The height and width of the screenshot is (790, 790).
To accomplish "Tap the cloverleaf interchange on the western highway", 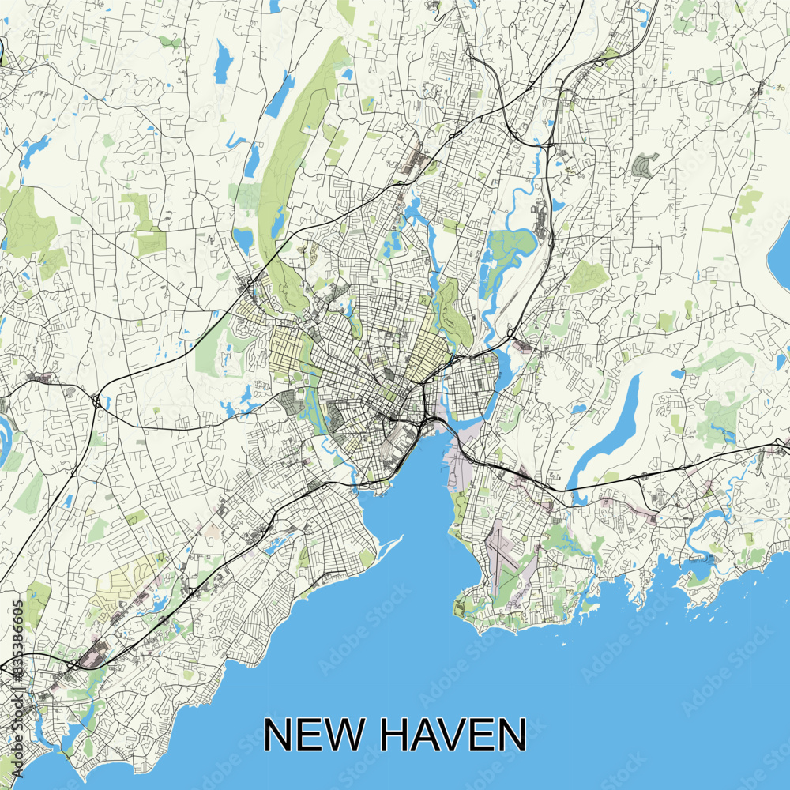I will pyautogui.click(x=95, y=403).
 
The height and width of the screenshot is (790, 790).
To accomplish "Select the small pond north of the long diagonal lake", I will pyautogui.click(x=678, y=373).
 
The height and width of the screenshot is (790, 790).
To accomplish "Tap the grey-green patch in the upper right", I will pyautogui.click(x=644, y=166).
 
